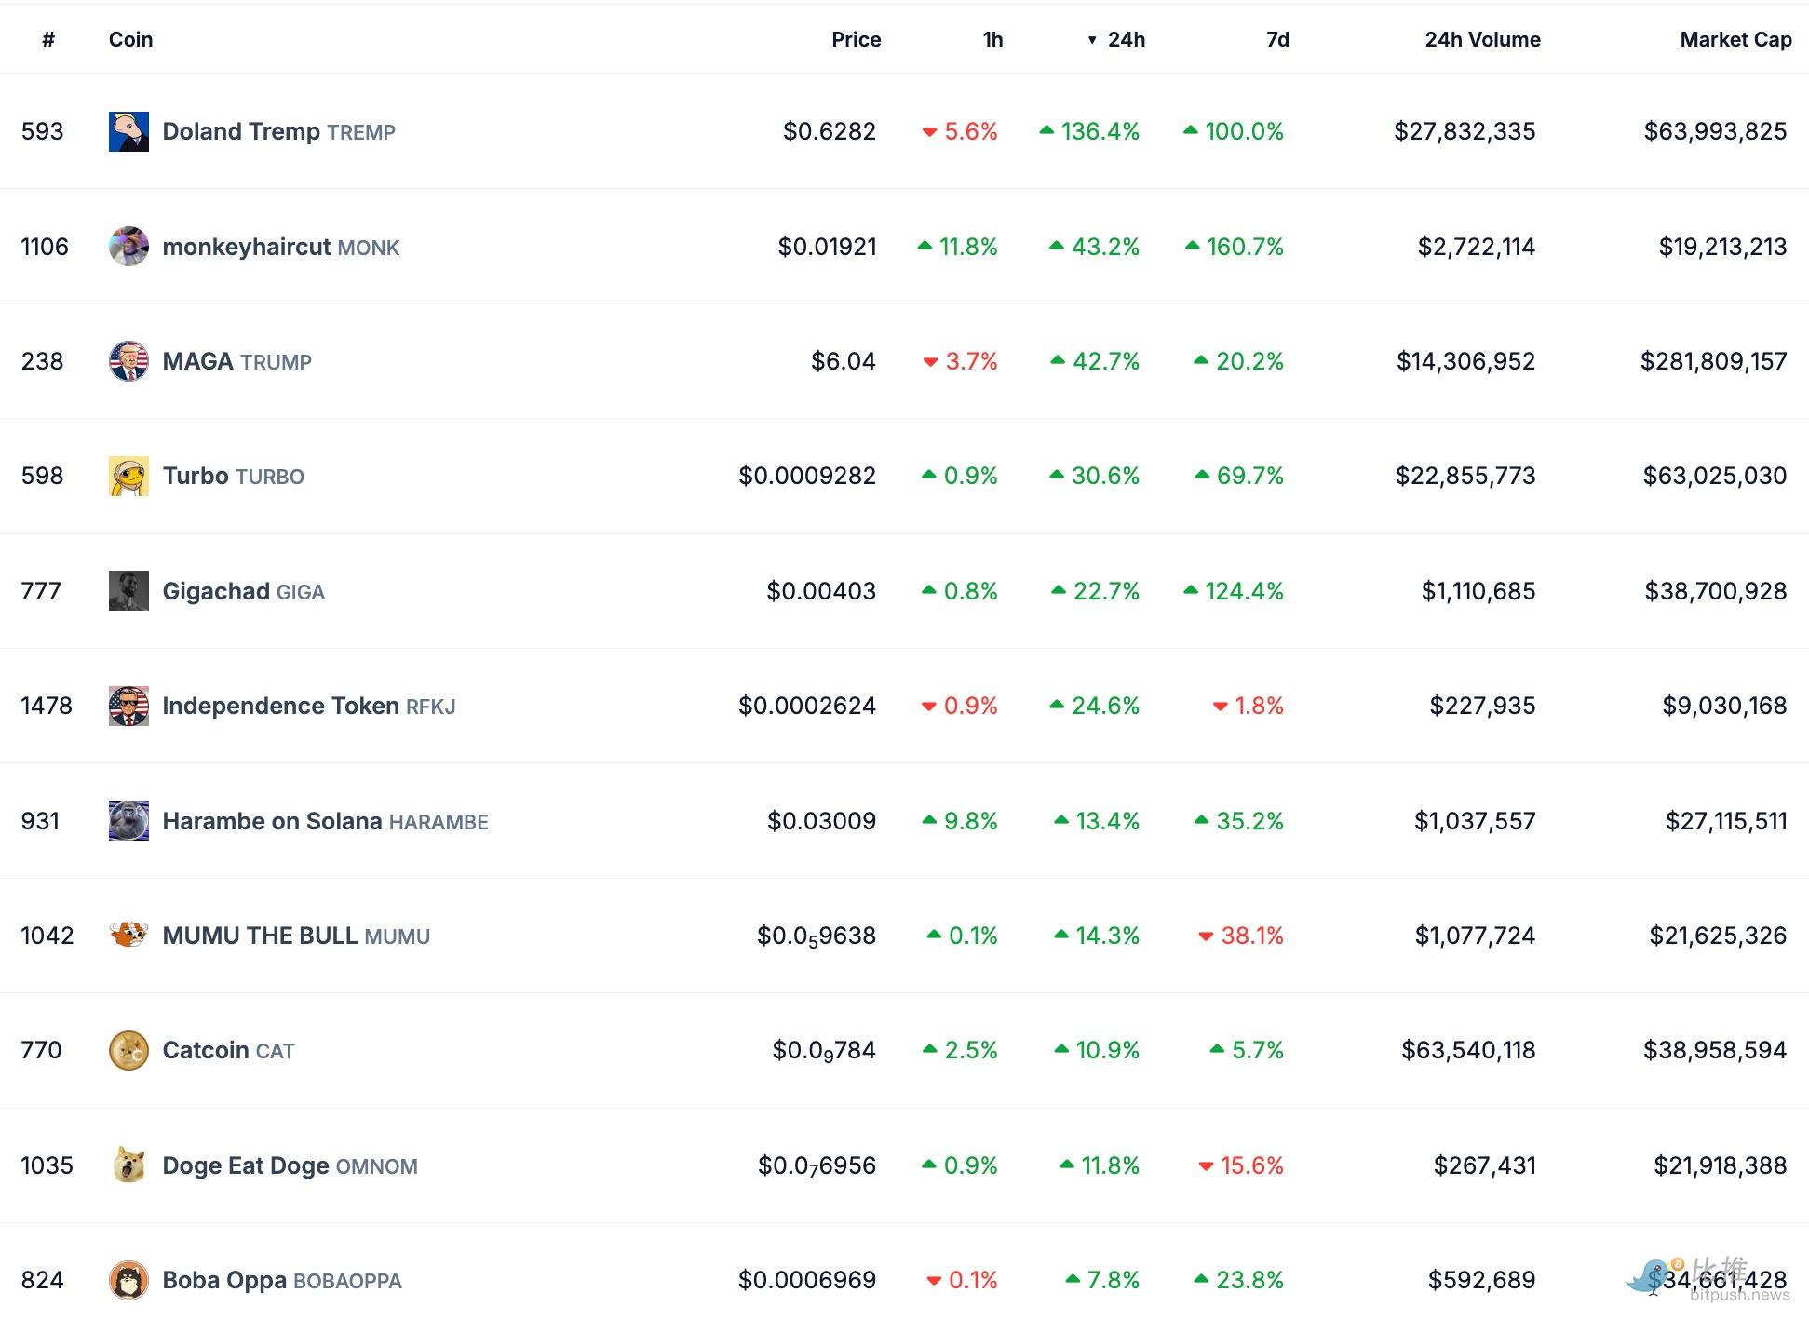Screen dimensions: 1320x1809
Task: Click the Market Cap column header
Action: click(1735, 39)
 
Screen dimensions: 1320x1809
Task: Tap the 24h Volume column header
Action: click(1481, 39)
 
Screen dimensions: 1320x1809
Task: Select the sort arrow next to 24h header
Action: click(1092, 40)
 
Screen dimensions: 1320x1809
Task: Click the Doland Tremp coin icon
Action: click(128, 131)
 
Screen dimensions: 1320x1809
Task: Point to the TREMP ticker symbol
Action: click(360, 132)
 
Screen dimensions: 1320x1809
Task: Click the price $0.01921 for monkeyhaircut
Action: click(827, 247)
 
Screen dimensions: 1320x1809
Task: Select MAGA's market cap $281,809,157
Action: click(1712, 361)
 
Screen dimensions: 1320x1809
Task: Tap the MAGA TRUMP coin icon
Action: click(128, 361)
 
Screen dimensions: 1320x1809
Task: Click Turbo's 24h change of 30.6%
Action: click(1104, 476)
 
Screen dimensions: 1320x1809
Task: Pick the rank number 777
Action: click(41, 591)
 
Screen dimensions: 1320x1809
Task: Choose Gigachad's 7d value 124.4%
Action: click(1243, 591)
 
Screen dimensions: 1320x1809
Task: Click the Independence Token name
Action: click(280, 706)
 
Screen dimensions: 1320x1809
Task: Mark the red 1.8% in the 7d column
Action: click(1258, 706)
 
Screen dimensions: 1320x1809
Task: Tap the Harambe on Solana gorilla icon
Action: click(128, 821)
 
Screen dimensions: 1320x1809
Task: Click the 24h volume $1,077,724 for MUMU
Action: click(1474, 936)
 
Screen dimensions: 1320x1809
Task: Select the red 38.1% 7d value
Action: click(1250, 936)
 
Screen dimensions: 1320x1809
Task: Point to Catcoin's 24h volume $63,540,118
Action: click(1467, 1050)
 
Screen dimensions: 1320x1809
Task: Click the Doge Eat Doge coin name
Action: click(246, 1165)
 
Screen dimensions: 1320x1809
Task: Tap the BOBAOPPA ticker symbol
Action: click(347, 1281)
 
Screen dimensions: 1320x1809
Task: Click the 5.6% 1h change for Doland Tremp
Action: click(969, 131)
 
